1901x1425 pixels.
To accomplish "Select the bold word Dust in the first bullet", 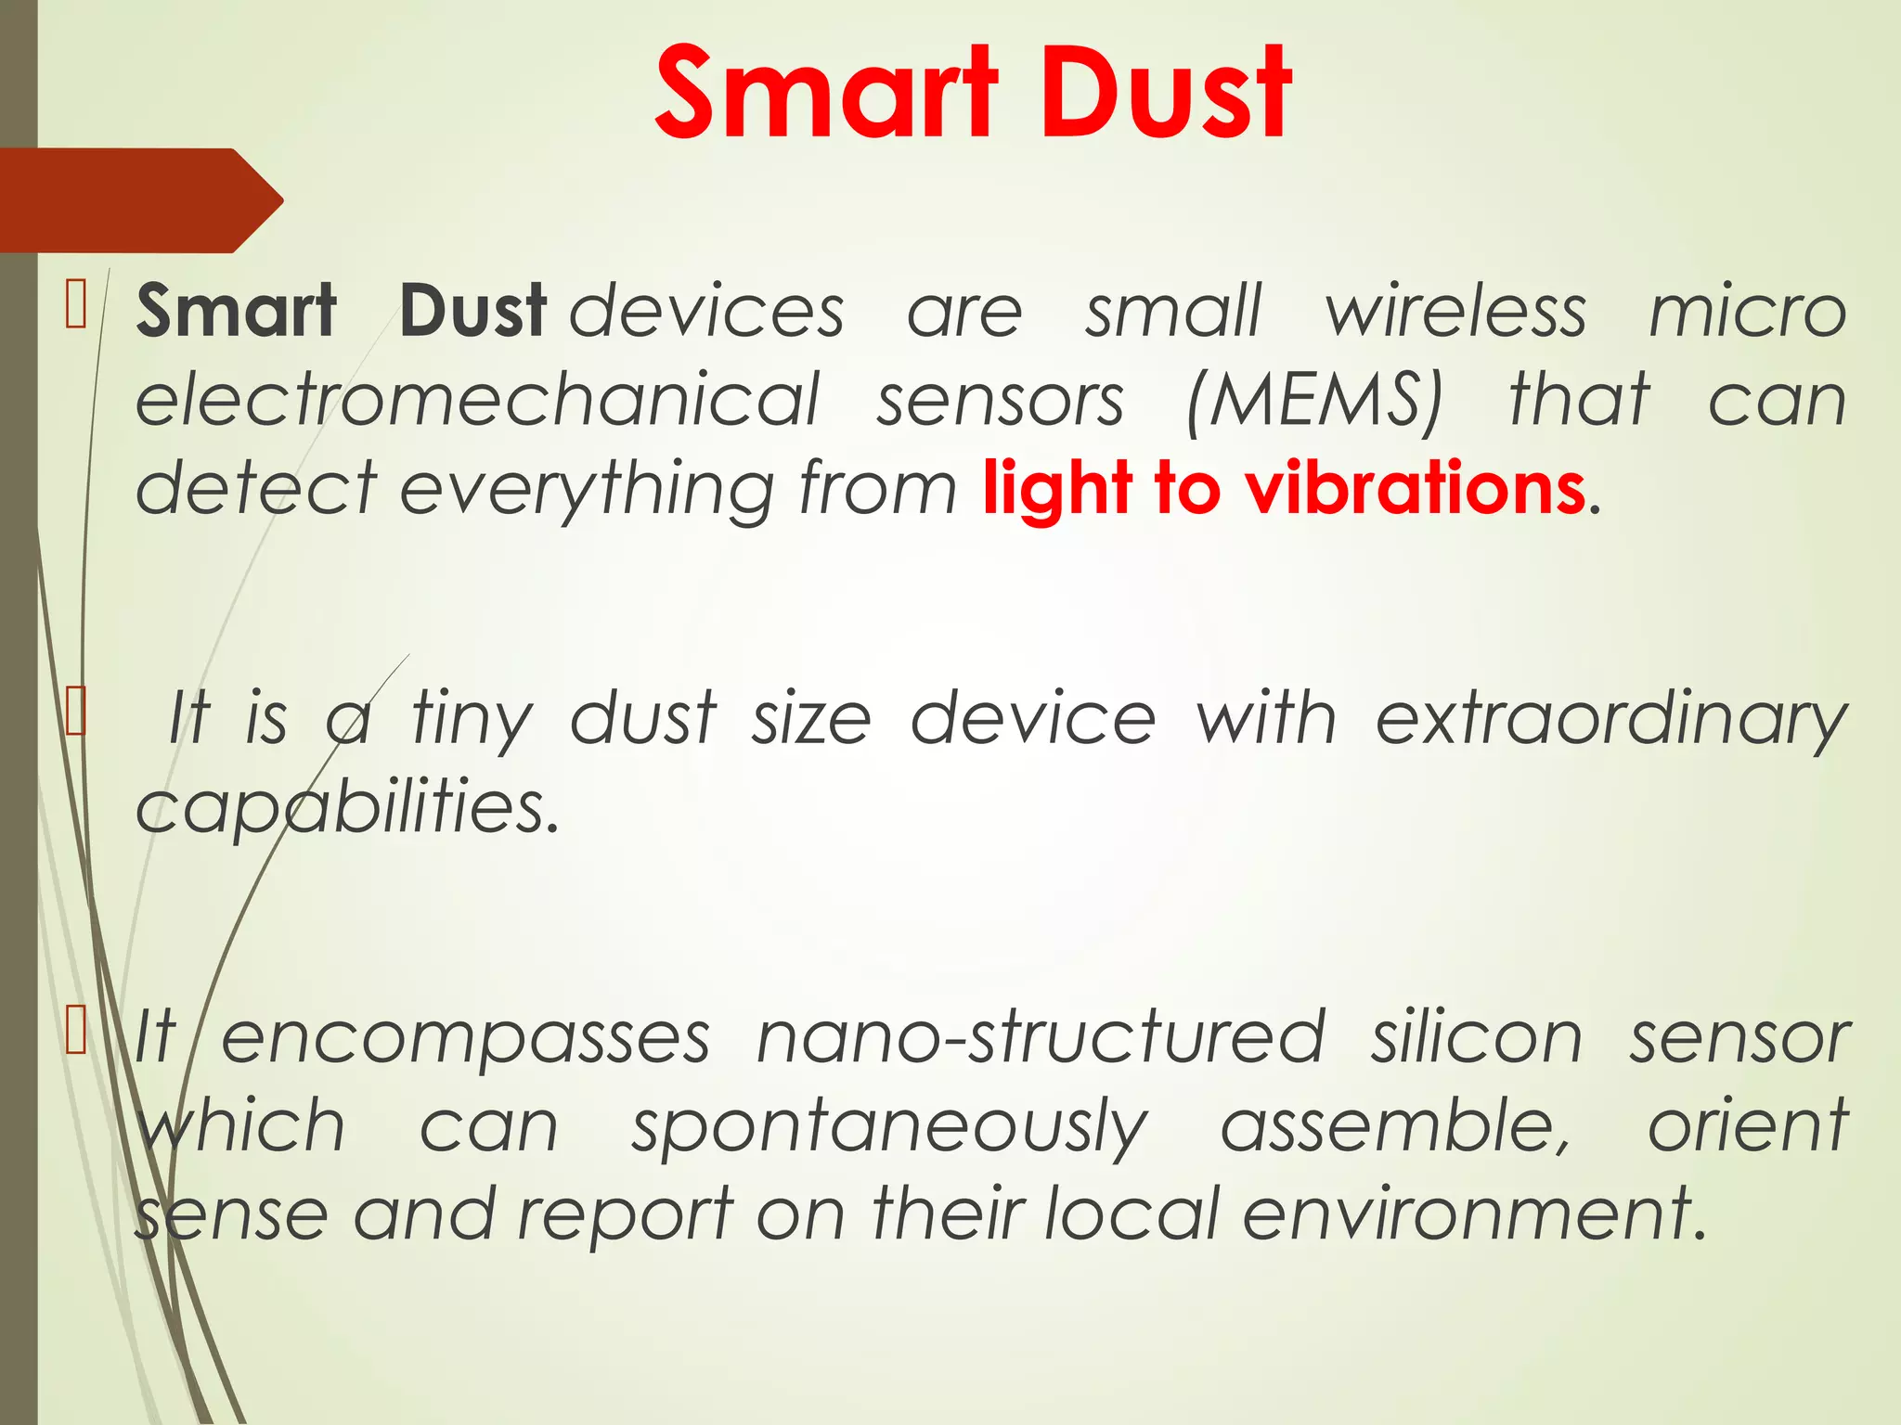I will click(x=473, y=311).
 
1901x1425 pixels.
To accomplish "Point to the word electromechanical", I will click(x=478, y=399).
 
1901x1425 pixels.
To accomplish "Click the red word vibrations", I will click(x=1415, y=488).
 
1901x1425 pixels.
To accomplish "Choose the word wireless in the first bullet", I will click(x=1455, y=311).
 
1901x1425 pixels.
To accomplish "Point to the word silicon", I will click(x=1477, y=1037).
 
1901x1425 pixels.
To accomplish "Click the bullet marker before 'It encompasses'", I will click(x=76, y=1032).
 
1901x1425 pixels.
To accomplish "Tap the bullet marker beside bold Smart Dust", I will click(x=76, y=306).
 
